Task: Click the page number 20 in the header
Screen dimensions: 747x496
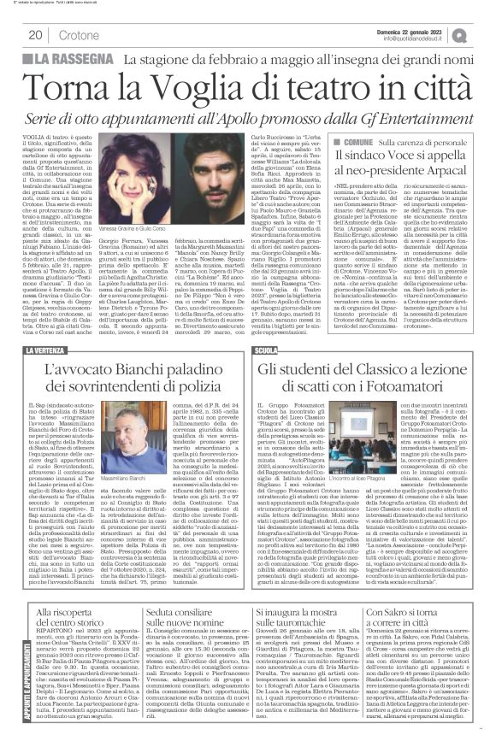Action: pos(38,35)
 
